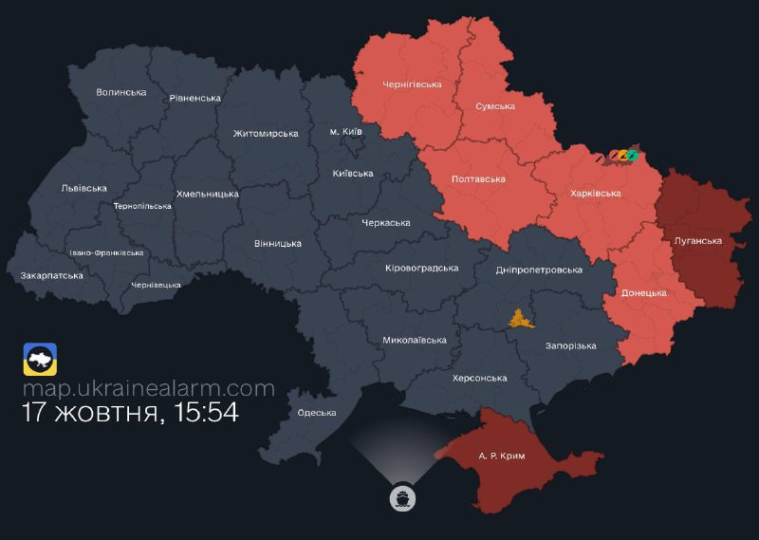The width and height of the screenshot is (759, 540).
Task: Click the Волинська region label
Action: click(x=121, y=92)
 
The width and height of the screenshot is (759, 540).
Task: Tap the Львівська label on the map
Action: click(x=83, y=188)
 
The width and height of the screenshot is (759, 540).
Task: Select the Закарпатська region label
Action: click(x=51, y=275)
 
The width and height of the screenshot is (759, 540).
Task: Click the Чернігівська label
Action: click(x=412, y=84)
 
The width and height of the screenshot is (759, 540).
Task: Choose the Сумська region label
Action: click(x=494, y=106)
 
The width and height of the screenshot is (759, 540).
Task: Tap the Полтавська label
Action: click(x=478, y=178)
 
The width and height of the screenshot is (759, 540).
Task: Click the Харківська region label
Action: click(x=596, y=193)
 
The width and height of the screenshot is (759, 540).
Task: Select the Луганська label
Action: click(x=697, y=240)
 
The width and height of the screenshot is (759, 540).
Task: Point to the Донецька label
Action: click(x=643, y=293)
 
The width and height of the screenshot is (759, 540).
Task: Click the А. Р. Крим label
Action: click(x=502, y=456)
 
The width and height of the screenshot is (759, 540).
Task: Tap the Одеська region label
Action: click(x=317, y=412)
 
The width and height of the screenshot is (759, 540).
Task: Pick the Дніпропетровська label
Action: click(x=539, y=270)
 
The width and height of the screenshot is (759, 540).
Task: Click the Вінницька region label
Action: click(x=278, y=243)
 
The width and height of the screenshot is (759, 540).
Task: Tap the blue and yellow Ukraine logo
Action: click(x=40, y=360)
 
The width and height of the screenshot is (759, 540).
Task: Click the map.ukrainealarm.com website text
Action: click(x=149, y=388)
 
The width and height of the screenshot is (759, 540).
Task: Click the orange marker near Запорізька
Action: click(x=521, y=319)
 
